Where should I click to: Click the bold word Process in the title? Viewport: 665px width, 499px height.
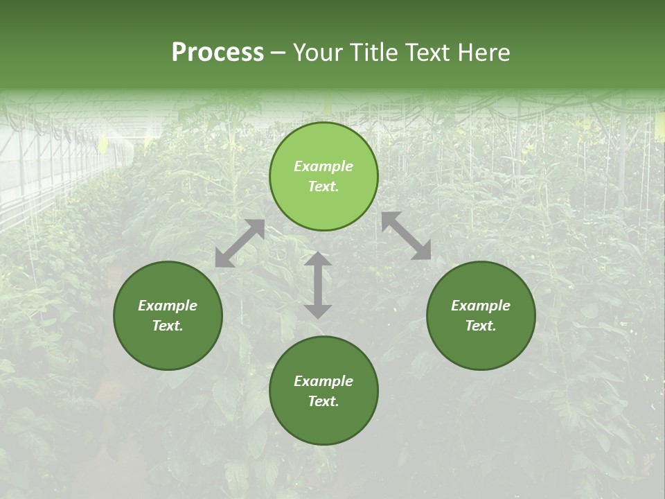coord(218,53)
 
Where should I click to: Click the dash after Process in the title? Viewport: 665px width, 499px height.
coord(278,54)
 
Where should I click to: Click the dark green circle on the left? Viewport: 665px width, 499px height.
coord(168,315)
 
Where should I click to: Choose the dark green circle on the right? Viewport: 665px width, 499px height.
coord(481,315)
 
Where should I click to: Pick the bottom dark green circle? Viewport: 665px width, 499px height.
coord(323,390)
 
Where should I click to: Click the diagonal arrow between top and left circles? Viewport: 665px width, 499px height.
coord(240,243)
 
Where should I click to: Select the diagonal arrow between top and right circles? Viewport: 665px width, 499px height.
coord(406,236)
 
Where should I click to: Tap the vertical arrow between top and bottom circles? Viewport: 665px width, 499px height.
coord(318,285)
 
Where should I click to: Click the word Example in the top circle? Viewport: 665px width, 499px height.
coord(323,166)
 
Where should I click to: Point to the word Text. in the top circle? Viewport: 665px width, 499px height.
coord(323,186)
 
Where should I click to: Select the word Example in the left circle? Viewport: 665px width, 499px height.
coord(168,306)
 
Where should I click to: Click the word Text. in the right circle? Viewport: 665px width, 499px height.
coord(481,326)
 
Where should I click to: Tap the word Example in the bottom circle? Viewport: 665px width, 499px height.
coord(323,381)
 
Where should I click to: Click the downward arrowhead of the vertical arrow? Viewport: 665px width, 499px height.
coord(318,311)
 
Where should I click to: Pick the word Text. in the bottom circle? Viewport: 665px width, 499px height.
coord(323,401)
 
